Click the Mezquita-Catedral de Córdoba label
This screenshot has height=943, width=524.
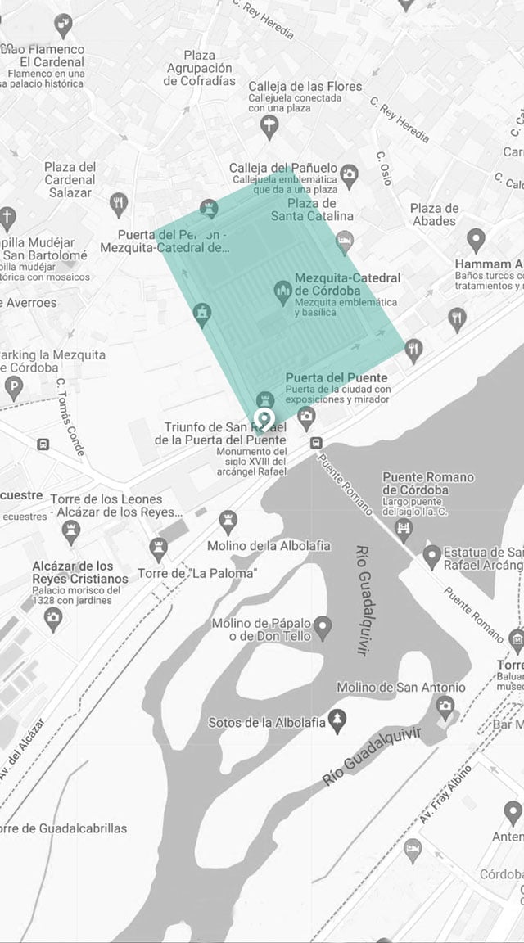[x=347, y=285]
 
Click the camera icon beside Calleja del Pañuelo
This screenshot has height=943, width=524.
[x=350, y=174]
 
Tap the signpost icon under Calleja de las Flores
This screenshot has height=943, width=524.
[x=269, y=125]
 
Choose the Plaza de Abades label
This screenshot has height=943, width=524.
[x=433, y=214]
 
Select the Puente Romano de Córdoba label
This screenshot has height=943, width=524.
[x=427, y=484]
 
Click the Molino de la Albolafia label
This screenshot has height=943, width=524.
[x=257, y=546]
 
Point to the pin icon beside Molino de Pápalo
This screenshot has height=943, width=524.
[x=323, y=627]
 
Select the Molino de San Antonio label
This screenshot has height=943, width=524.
[x=400, y=688]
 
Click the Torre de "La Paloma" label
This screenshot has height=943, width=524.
[x=196, y=573]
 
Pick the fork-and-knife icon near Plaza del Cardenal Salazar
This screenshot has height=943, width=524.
[x=120, y=201]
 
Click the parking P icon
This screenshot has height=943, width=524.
[x=13, y=387]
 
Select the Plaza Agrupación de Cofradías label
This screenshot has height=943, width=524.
[x=200, y=68]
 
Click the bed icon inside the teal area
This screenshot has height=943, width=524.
[x=345, y=240]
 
